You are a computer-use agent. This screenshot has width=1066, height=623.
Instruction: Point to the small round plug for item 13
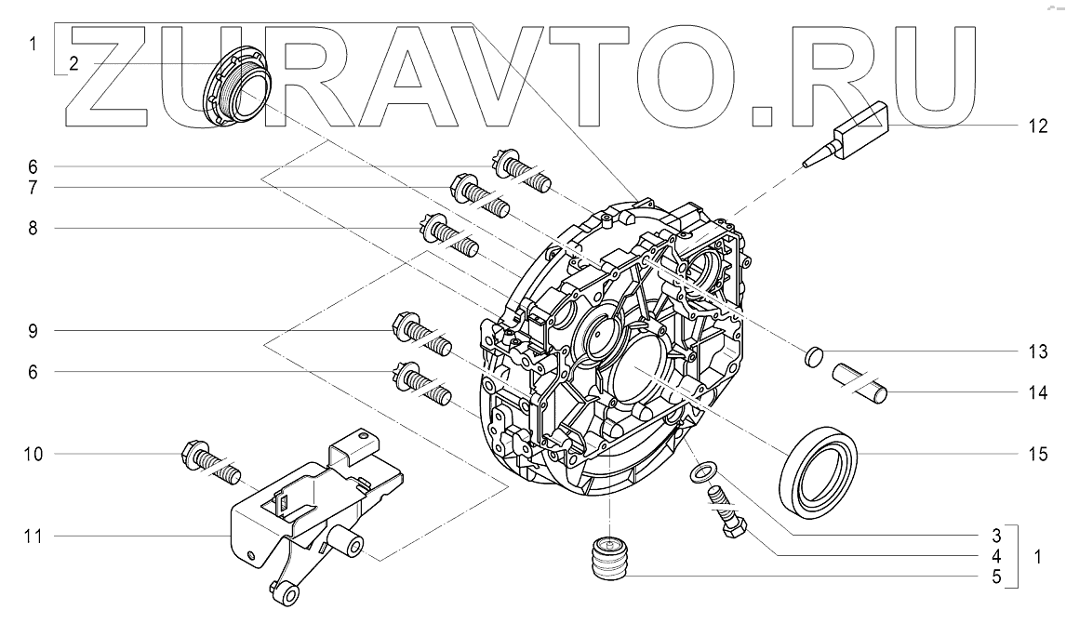814,355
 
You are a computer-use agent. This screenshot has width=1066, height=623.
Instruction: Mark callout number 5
996,577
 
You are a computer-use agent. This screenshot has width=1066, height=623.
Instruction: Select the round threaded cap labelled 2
234,92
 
